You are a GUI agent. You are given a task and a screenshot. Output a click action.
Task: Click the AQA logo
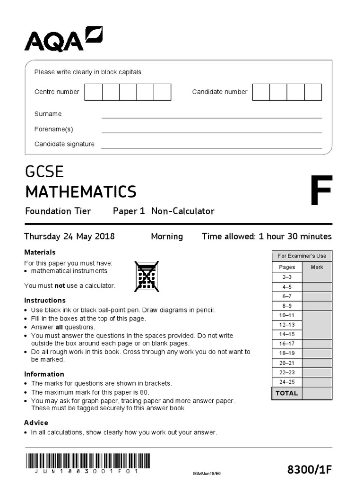click(63, 39)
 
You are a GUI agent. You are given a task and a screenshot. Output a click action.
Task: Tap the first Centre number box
click(93, 92)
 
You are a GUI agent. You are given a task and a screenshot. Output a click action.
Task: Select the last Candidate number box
click(313, 92)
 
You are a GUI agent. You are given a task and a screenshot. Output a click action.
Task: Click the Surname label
click(48, 114)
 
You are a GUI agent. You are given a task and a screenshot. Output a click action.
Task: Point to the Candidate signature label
click(64, 144)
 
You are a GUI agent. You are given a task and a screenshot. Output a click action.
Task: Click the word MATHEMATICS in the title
click(80, 192)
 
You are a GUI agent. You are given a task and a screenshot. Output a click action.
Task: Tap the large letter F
click(321, 191)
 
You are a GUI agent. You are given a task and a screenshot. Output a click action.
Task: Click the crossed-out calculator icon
click(147, 276)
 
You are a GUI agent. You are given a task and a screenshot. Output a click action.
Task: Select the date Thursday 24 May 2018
click(69, 236)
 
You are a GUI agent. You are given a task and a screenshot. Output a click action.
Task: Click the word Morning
click(166, 236)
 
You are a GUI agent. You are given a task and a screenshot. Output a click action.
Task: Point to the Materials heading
click(40, 252)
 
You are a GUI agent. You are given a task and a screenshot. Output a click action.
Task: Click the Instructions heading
click(44, 300)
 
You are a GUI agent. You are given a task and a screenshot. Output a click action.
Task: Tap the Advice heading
click(36, 423)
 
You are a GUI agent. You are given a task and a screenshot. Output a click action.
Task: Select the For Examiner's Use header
click(302, 256)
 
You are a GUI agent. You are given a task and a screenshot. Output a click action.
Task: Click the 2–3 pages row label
click(287, 277)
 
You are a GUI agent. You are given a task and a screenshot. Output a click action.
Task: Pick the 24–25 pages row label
click(287, 382)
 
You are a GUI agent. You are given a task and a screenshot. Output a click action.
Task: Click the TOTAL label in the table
click(287, 393)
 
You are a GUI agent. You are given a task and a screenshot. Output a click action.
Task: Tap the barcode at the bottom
click(87, 461)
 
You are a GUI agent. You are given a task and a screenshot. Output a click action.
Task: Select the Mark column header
click(317, 267)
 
